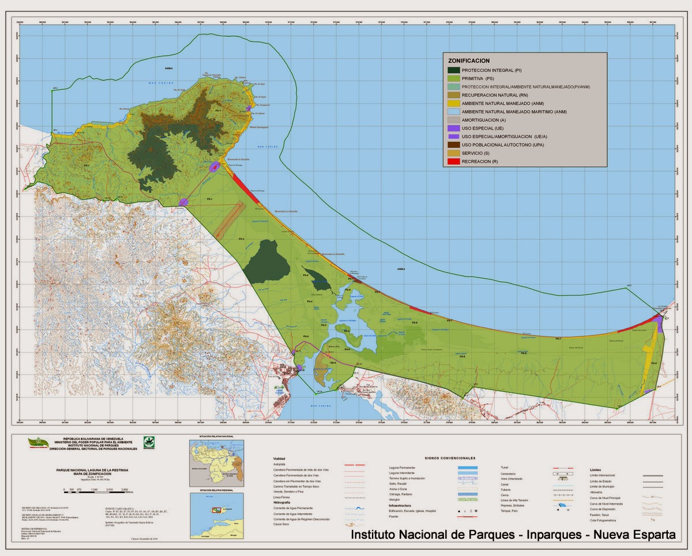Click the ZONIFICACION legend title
tap(469, 60)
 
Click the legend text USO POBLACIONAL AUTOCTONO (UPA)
tap(502, 145)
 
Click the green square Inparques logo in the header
tap(149, 442)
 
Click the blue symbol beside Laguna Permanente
tap(470, 467)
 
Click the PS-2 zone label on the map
tap(242, 239)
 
